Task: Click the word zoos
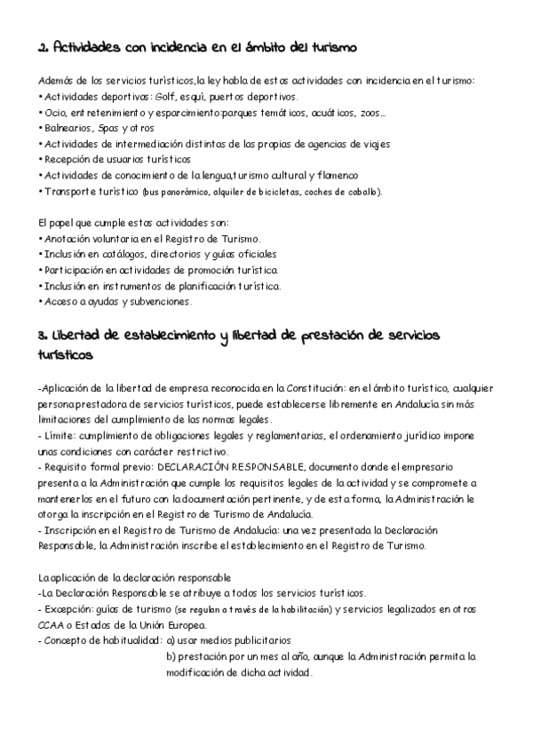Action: tap(372, 112)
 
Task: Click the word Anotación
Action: tap(72, 239)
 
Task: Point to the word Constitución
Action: tap(310, 387)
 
